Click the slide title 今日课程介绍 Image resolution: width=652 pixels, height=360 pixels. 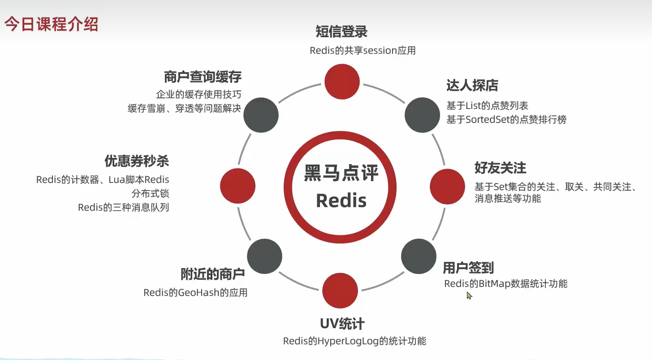tap(51, 24)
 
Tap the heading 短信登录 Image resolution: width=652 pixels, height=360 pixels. tap(341, 32)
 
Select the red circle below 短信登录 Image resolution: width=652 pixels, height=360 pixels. tap(342, 82)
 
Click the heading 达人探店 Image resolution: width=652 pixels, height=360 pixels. tap(472, 85)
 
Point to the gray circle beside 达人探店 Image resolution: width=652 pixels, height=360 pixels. tap(422, 115)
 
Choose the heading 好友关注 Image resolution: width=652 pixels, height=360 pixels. tap(500, 168)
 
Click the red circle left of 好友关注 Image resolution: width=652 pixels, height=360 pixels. tap(447, 187)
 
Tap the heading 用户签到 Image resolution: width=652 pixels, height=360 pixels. tap(468, 268)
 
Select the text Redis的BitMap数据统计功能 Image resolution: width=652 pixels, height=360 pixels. tap(505, 284)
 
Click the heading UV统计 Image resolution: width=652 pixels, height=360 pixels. tap(342, 324)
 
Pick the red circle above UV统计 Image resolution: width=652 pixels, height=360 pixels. tap(340, 291)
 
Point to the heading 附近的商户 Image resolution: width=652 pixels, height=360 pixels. tap(212, 273)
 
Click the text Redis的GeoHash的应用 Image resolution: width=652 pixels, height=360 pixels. tap(195, 293)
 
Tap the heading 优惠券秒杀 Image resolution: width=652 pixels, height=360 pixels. tap(137, 161)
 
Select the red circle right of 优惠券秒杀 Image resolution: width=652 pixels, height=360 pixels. tap(237, 186)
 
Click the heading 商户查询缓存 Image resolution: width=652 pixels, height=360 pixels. tap(203, 77)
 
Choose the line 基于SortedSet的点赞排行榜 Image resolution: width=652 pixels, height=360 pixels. tap(506, 120)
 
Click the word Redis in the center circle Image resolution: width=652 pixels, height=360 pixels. tap(341, 200)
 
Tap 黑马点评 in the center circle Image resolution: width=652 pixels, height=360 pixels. tap(341, 173)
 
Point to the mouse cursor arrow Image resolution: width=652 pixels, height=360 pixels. tap(469, 295)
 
